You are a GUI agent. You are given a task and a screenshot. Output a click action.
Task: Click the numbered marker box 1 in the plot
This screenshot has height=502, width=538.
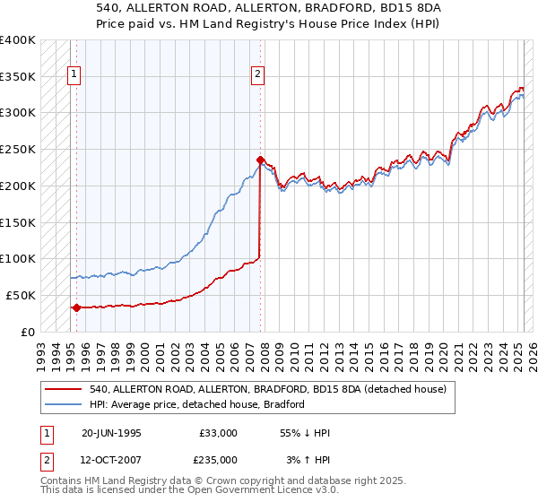73,75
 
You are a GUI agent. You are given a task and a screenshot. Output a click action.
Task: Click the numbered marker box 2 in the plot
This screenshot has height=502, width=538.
257,75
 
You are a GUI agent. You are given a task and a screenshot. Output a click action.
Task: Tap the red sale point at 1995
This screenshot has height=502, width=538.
76,307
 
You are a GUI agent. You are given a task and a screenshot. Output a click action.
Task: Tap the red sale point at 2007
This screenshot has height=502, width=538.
260,160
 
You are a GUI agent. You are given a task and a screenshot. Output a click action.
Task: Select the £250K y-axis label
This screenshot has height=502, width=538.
18,149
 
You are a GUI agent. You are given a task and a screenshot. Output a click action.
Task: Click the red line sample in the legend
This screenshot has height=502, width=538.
64,389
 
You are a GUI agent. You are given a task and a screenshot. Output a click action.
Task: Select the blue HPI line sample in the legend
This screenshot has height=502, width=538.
64,404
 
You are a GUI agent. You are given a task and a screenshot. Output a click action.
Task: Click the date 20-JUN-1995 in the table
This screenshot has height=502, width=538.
111,432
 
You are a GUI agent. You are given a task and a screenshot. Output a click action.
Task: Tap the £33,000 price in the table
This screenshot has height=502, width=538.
219,432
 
